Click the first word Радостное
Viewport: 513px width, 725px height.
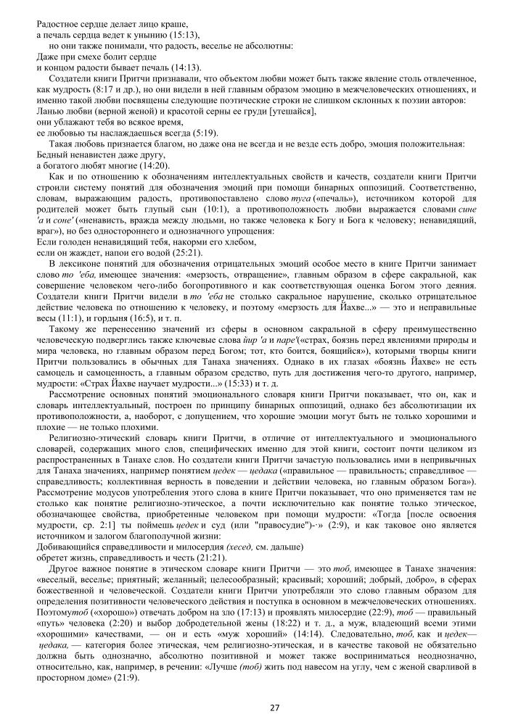tap(60, 24)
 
